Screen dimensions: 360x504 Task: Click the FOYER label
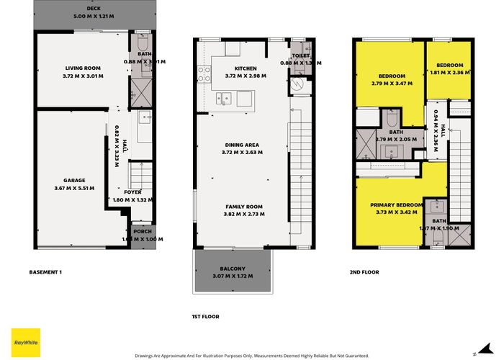[132, 192]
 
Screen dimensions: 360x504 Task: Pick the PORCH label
[142, 232]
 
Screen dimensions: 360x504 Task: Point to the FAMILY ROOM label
[243, 207]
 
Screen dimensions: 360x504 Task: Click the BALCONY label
[233, 269]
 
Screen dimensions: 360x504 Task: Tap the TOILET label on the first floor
[300, 55]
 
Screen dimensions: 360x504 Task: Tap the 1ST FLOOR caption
[205, 316]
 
